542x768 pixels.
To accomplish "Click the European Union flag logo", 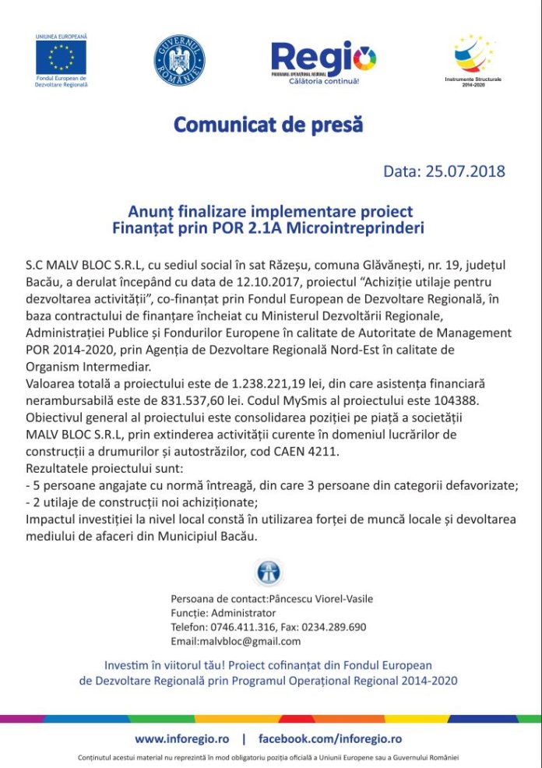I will (61, 58).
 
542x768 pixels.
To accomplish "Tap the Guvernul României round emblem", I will (180, 59).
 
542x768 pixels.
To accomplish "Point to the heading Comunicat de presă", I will (268, 125).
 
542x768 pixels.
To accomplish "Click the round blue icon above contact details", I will (269, 572).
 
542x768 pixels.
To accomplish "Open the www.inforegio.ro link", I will (182, 738).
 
